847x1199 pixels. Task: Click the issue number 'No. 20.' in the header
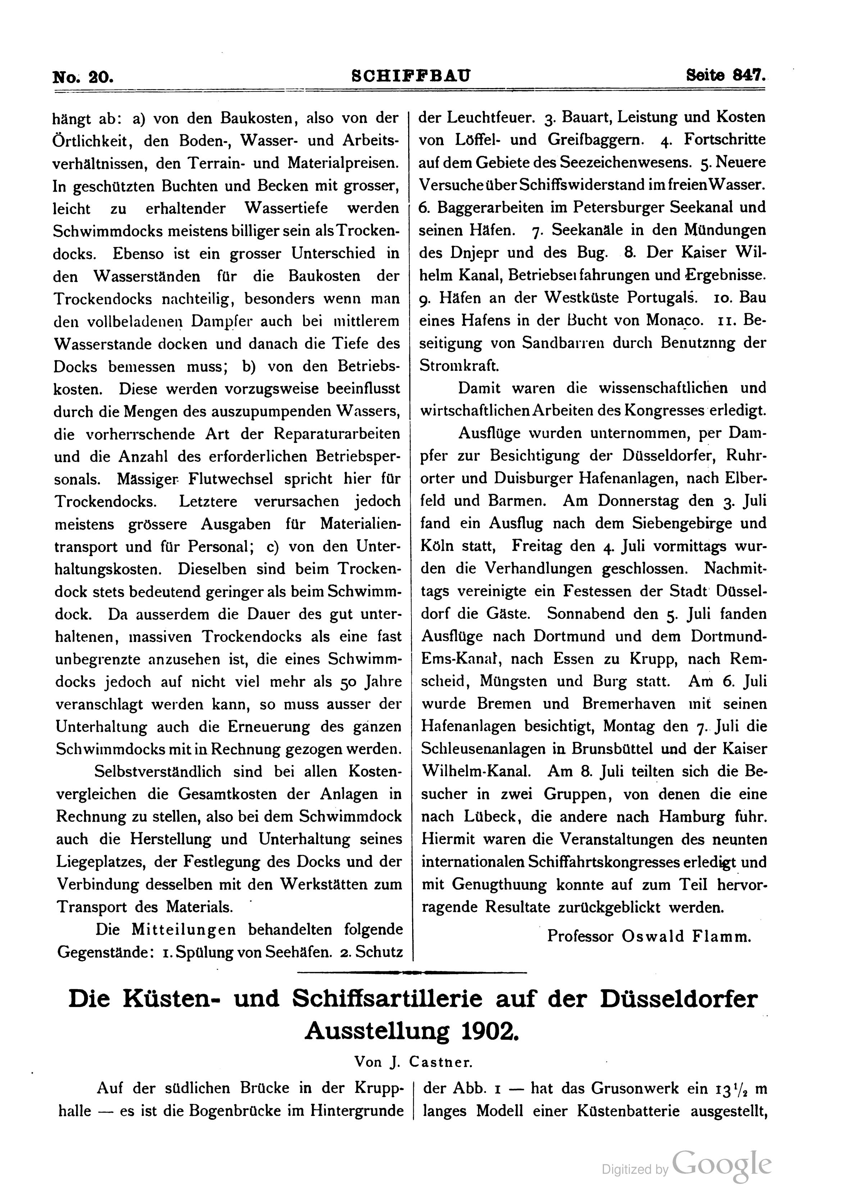point(82,77)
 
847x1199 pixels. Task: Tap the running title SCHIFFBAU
point(411,76)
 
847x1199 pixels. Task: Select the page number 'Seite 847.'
point(725,76)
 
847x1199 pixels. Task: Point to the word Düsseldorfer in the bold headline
point(678,999)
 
